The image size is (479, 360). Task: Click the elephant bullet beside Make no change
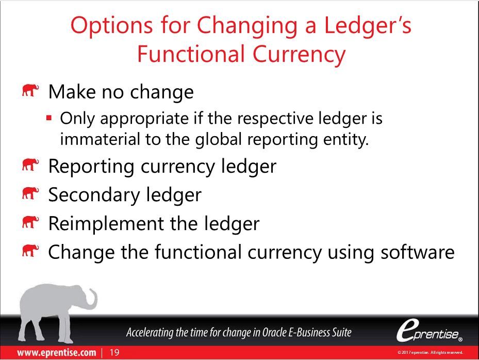(30, 92)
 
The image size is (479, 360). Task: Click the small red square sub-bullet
(49, 119)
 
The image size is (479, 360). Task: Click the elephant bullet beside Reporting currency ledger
(30, 166)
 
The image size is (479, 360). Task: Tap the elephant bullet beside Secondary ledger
(30, 194)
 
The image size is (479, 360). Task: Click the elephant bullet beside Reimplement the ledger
(30, 222)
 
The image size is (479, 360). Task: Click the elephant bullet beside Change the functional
(30, 251)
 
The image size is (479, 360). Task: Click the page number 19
(114, 352)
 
